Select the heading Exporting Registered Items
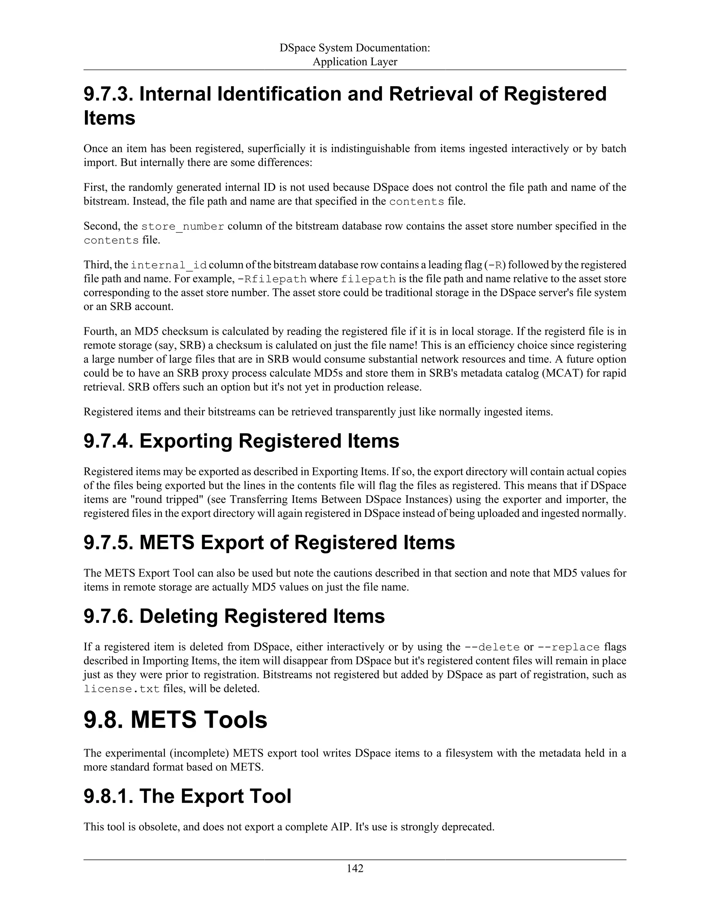tap(269, 441)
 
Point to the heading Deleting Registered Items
tap(262, 616)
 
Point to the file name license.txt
tap(122, 689)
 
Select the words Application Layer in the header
tap(355, 62)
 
